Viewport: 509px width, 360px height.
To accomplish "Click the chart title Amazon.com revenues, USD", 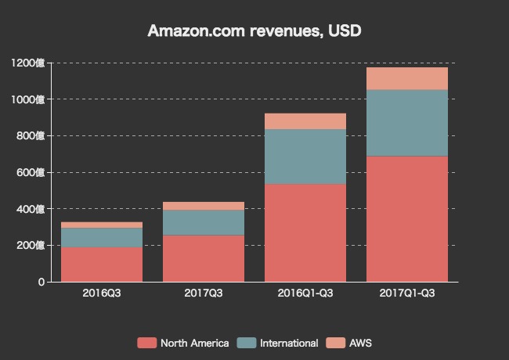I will coord(254,31).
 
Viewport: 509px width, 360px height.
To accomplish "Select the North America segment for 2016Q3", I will coord(102,265).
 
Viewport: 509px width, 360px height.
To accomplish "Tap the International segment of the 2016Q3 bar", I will coord(102,237).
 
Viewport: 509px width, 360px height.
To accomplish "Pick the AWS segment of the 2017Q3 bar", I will coord(204,206).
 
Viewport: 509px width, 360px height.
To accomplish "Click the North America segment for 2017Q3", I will coord(204,258).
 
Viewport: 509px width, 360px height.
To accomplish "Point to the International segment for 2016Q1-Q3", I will coord(305,157).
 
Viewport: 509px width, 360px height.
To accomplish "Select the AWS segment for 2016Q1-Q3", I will coord(305,121).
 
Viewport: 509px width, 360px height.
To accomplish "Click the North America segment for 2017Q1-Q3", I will coord(407,219).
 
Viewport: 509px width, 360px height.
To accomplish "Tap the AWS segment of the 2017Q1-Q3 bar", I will coord(407,78).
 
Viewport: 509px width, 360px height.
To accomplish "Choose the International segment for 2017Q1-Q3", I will coord(407,123).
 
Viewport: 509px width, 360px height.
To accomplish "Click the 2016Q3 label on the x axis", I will coord(102,293).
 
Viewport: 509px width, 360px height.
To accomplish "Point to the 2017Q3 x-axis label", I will coord(204,293).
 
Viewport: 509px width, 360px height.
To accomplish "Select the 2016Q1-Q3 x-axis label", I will coord(305,293).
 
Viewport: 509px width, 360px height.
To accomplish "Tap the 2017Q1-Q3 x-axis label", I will coord(407,293).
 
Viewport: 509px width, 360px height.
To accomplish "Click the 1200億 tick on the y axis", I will coord(28,63).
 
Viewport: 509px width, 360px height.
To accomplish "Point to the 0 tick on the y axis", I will coord(41,282).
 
